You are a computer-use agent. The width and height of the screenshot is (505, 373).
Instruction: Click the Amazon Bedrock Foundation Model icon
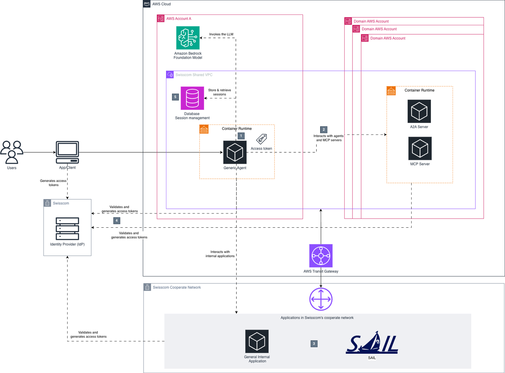pos(188,38)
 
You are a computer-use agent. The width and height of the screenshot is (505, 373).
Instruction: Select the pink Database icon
pos(192,98)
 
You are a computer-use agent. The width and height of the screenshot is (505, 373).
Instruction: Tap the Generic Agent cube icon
pos(235,152)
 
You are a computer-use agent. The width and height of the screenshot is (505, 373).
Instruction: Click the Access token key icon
pos(262,139)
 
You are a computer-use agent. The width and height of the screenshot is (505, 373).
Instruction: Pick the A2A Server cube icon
pos(419,111)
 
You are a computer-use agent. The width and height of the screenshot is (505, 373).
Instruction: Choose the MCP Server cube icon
pos(420,149)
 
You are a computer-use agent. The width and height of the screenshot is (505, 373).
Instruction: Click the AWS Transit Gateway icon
pos(321,256)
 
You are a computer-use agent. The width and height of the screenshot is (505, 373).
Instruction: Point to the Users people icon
pos(12,152)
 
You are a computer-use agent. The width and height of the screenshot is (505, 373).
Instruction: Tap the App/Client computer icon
pos(67,152)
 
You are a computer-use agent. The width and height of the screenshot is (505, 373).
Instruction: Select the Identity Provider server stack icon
pos(67,229)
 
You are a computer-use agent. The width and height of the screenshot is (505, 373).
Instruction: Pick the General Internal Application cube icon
pos(257,341)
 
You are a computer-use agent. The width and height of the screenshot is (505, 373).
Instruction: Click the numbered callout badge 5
pos(175,97)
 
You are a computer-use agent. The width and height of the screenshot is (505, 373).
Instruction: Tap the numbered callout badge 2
pos(324,130)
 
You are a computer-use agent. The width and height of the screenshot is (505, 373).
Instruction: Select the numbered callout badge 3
pos(314,344)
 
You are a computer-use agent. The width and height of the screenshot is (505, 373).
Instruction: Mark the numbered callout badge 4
pos(117,221)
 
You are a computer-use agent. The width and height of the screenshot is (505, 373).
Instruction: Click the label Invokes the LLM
pos(221,34)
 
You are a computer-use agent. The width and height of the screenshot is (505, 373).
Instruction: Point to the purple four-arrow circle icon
pos(321,299)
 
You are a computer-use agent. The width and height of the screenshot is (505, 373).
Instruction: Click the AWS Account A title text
pos(179,19)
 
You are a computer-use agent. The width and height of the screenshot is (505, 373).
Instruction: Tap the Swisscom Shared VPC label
pos(194,75)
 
